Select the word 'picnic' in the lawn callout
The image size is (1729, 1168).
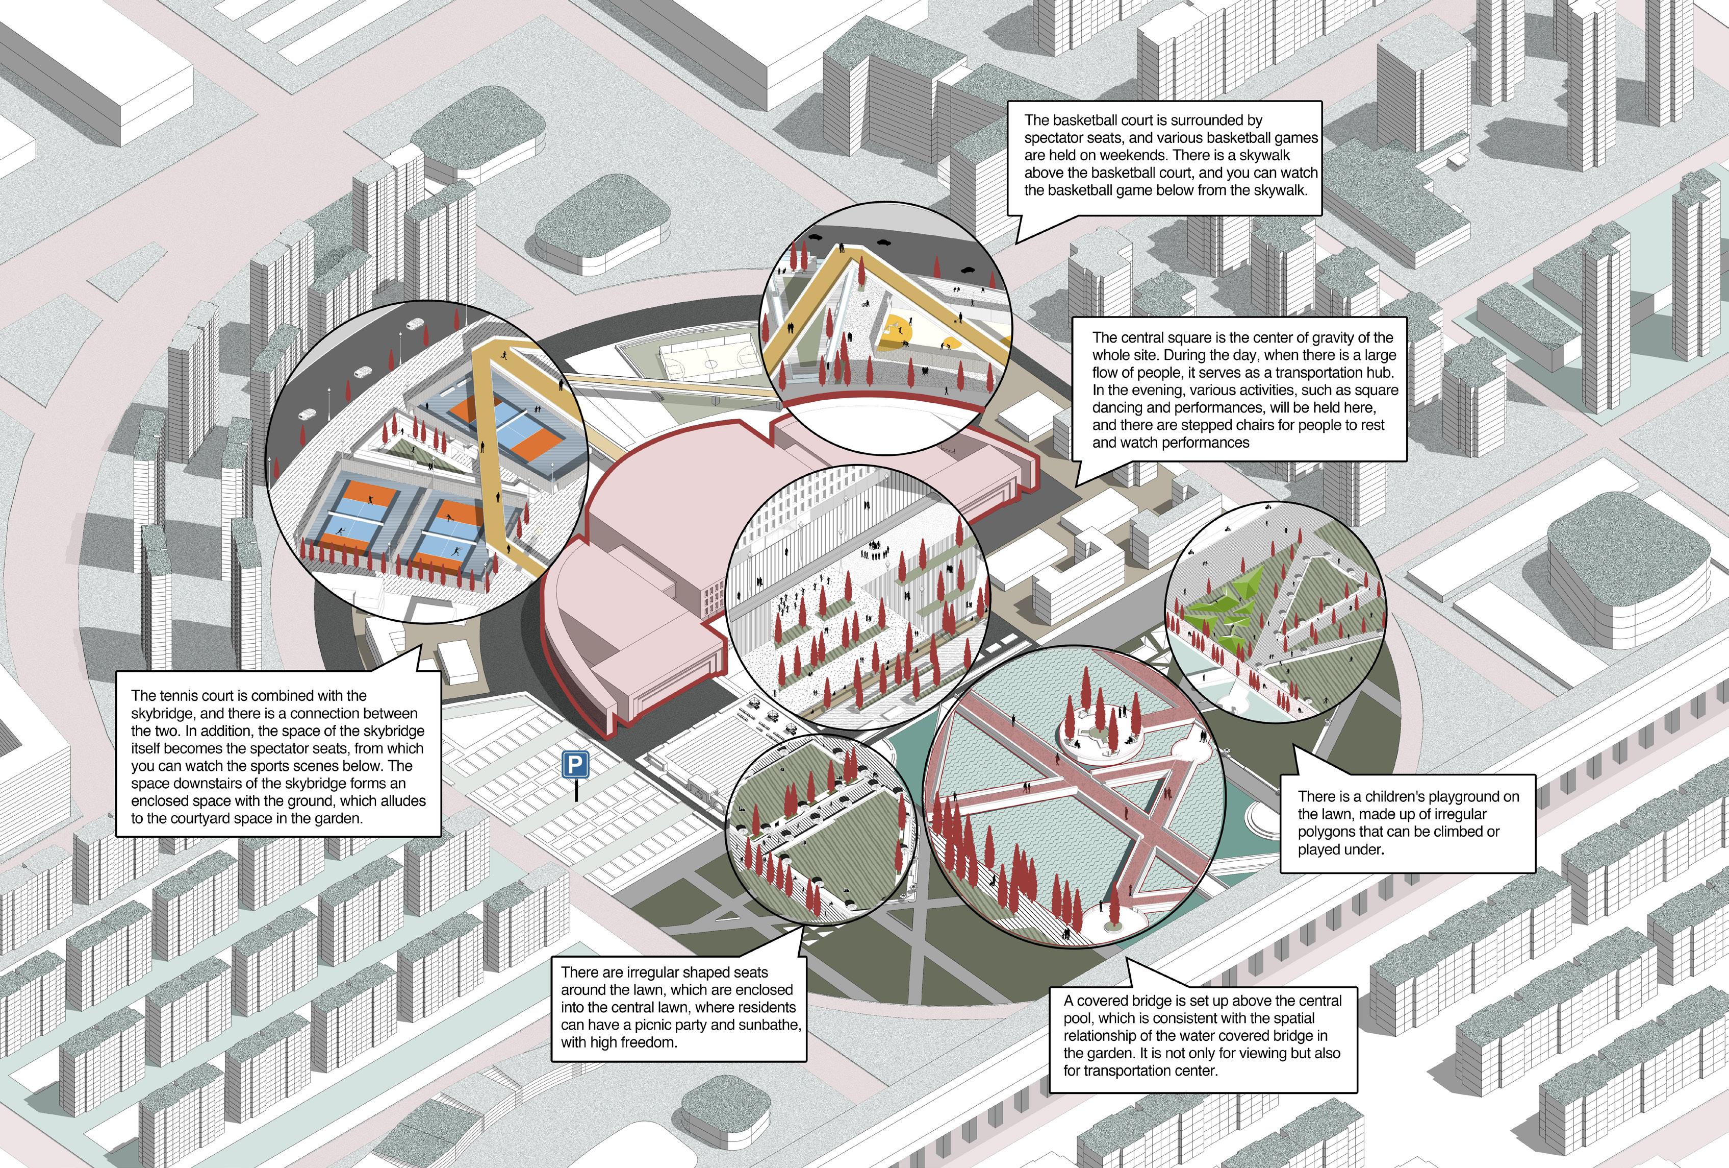(684, 1025)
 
